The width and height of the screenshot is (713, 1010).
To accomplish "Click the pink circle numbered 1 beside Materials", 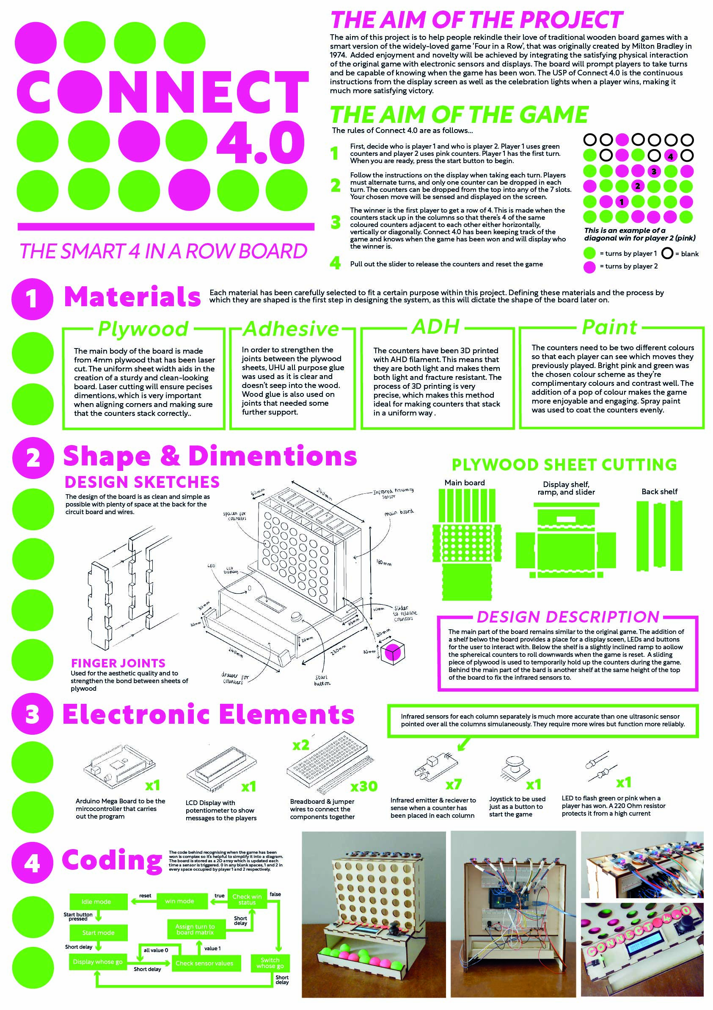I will (x=32, y=299).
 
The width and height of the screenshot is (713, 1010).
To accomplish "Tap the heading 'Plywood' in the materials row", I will (x=143, y=329).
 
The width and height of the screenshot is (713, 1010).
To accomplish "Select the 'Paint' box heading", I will (x=609, y=327).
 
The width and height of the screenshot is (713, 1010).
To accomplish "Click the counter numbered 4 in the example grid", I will (x=670, y=156).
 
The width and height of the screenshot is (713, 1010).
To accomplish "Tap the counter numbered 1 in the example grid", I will (x=621, y=202).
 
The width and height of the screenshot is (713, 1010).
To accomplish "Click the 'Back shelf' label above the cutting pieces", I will (x=659, y=491).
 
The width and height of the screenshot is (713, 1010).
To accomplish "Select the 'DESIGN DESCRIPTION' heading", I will (x=567, y=617).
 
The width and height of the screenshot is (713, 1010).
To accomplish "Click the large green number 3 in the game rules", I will (x=336, y=222).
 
